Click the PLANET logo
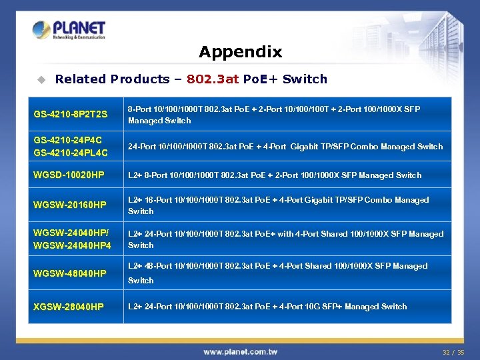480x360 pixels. (69, 30)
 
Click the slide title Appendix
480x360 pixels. (240, 52)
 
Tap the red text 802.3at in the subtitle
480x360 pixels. (213, 79)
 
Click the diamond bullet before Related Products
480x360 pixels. (41, 79)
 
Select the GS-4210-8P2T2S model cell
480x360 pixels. (70, 115)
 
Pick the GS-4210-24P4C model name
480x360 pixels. (67, 141)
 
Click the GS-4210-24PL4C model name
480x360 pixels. (70, 153)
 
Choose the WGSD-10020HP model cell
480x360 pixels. (69, 175)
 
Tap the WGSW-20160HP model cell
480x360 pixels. (69, 205)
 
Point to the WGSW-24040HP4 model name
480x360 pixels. (72, 245)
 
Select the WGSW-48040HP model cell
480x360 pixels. (69, 273)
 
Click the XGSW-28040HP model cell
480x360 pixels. (69, 307)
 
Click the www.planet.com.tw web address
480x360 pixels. (240, 351)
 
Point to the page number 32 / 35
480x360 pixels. (453, 352)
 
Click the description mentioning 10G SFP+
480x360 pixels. (267, 307)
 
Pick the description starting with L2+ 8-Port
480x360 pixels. (274, 175)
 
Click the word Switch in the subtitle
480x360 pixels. (305, 79)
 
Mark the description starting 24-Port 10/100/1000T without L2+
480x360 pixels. (285, 147)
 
